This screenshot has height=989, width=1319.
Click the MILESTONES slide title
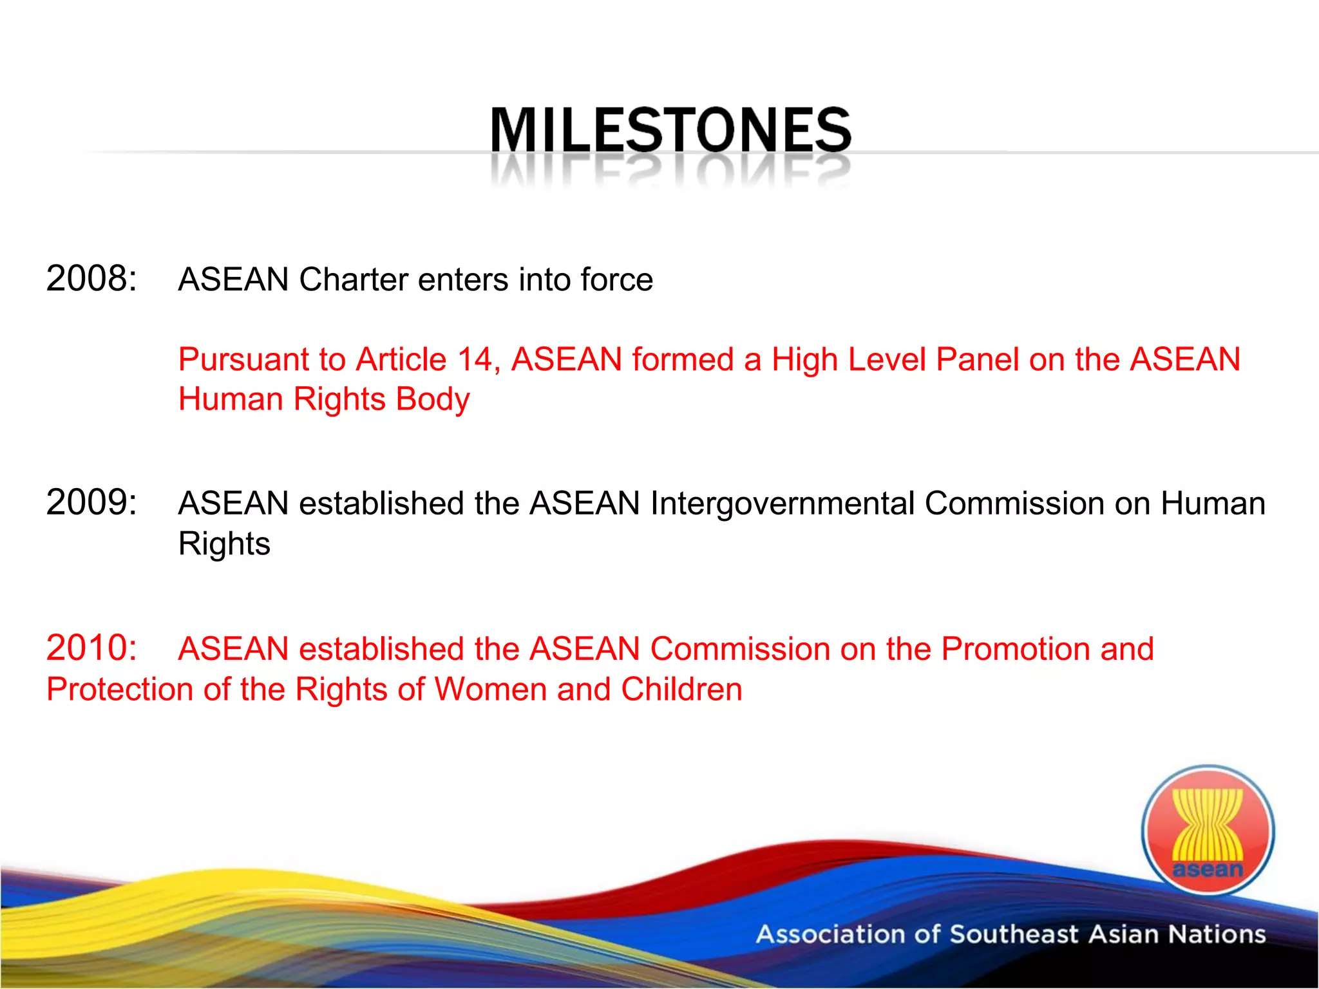click(670, 130)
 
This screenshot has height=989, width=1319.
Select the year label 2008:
click(91, 279)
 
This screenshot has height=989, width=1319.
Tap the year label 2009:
click(91, 502)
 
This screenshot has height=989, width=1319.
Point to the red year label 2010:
click(91, 648)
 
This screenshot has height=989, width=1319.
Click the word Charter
click(354, 279)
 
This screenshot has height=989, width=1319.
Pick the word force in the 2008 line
click(616, 279)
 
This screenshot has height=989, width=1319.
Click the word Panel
click(977, 359)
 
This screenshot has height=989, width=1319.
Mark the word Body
click(433, 399)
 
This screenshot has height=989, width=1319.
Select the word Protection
click(120, 690)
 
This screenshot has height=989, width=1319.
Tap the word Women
click(491, 690)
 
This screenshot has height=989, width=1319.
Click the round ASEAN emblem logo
click(1208, 830)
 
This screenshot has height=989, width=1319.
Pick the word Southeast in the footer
click(1014, 934)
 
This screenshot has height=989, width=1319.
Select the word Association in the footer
click(830, 934)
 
